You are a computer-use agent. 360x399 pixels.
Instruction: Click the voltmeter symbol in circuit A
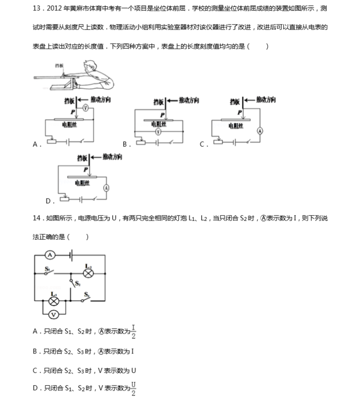click(86, 108)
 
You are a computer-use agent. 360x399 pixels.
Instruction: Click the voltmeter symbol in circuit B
click(158, 132)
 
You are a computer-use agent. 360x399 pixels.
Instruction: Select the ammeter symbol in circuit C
click(260, 131)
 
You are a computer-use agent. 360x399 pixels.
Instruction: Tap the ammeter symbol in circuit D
click(106, 188)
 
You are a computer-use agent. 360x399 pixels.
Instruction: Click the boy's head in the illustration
click(89, 66)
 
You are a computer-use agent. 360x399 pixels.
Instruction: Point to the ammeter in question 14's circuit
click(50, 255)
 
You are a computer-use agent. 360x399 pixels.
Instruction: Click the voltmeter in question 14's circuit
click(53, 315)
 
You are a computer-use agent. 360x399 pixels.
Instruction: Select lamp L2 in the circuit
click(88, 274)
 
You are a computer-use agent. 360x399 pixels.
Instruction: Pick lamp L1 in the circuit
click(53, 301)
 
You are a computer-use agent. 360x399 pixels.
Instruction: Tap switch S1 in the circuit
click(49, 273)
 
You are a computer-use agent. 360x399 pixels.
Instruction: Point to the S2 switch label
click(78, 284)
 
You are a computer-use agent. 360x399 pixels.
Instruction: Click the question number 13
click(37, 8)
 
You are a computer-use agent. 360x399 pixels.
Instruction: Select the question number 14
click(37, 218)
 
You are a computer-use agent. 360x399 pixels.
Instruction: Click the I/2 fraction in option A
click(133, 332)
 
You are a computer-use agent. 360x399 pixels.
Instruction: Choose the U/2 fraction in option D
click(133, 389)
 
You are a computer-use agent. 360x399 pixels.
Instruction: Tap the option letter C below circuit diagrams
click(202, 144)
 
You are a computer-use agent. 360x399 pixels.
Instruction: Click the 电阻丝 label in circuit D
click(82, 183)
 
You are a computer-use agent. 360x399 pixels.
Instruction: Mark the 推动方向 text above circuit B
click(189, 100)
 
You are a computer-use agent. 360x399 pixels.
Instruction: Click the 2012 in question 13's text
click(54, 8)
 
